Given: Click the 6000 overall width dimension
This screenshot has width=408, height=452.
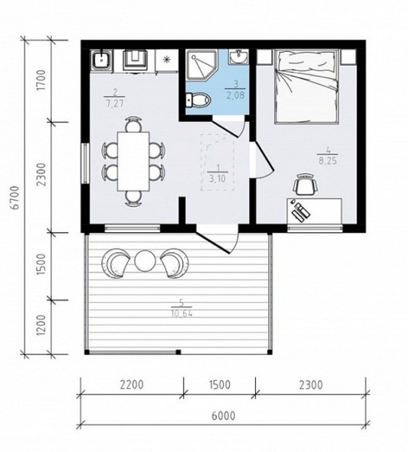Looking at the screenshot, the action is pyautogui.click(x=224, y=416).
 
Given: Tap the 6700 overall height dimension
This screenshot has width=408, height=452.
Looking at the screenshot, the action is pyautogui.click(x=16, y=197).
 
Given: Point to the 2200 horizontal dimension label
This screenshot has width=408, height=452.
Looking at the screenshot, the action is pyautogui.click(x=132, y=384).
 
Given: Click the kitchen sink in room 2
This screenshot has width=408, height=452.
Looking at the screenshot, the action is pyautogui.click(x=101, y=60).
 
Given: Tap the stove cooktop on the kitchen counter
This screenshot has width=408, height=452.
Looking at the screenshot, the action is pyautogui.click(x=135, y=60).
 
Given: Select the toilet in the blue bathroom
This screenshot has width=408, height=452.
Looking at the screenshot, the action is pyautogui.click(x=198, y=99).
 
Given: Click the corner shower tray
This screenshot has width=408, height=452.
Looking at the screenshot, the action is pyautogui.click(x=201, y=65).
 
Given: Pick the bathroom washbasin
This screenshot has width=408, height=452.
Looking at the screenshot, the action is pyautogui.click(x=239, y=56).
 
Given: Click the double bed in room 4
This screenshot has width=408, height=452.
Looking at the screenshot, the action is pyautogui.click(x=306, y=87).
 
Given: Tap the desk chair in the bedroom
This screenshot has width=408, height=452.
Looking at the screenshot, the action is pyautogui.click(x=306, y=185).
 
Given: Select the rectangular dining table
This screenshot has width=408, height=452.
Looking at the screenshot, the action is pyautogui.click(x=133, y=161).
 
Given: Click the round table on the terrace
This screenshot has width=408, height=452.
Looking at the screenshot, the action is pyautogui.click(x=145, y=261).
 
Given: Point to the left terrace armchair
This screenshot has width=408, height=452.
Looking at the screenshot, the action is pyautogui.click(x=116, y=263).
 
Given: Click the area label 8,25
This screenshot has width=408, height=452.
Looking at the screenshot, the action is pyautogui.click(x=327, y=161).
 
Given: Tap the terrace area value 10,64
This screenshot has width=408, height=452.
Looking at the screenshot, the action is pyautogui.click(x=181, y=313).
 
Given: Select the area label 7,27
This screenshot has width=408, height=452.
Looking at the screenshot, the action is pyautogui.click(x=115, y=103).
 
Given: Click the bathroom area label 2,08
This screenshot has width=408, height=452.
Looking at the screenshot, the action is pyautogui.click(x=236, y=95).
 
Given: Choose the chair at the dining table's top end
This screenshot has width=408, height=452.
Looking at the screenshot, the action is pyautogui.click(x=134, y=124).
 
